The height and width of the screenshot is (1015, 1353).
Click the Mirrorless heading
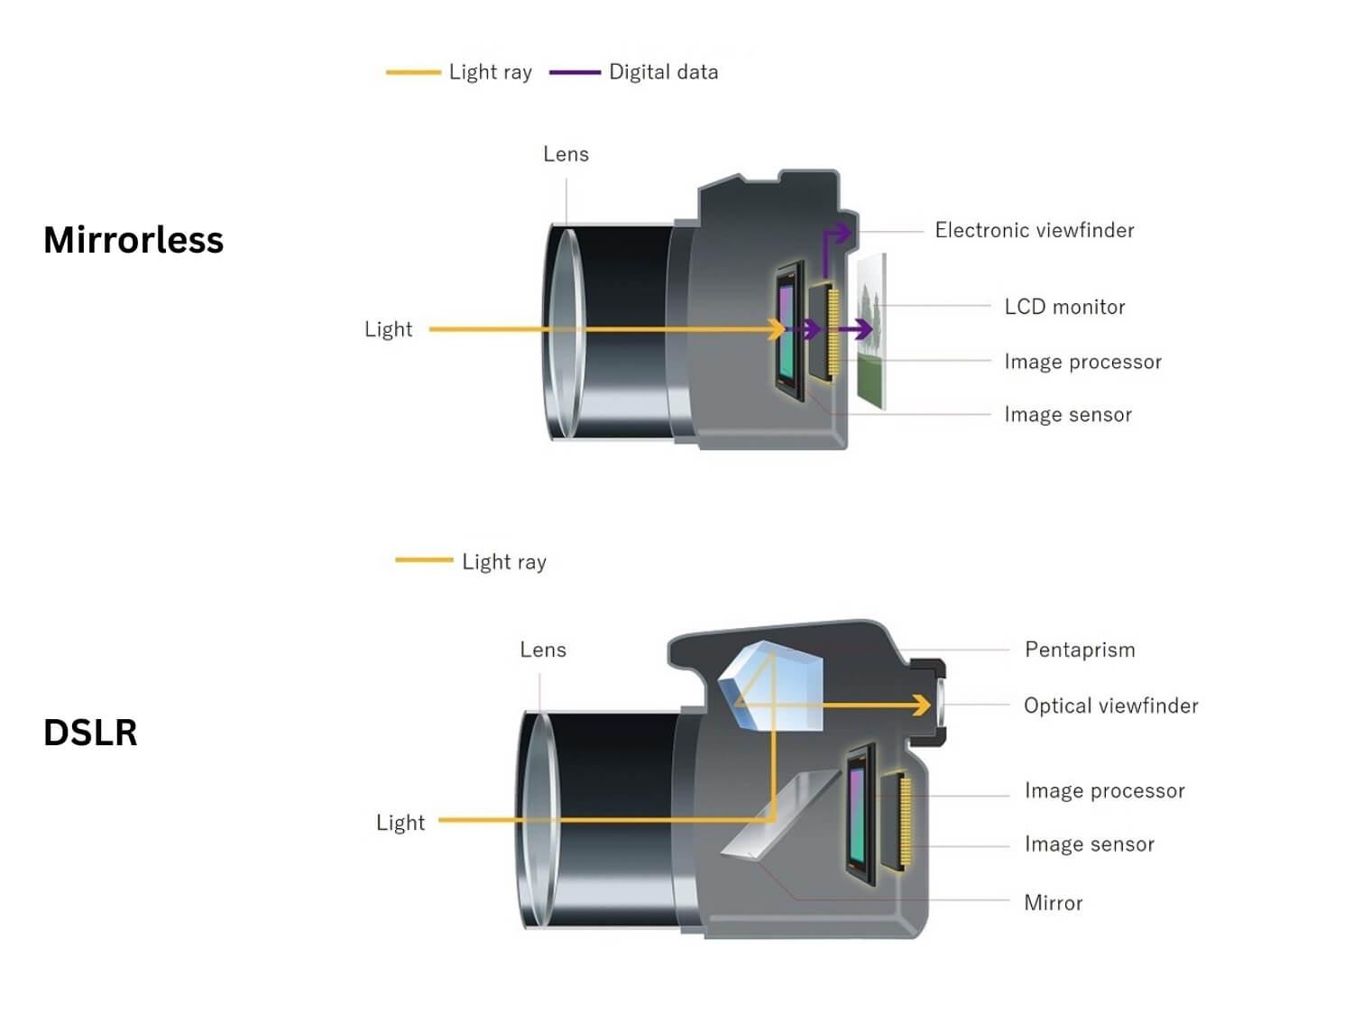click(133, 240)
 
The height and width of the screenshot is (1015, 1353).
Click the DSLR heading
click(90, 732)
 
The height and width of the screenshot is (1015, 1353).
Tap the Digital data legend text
click(663, 72)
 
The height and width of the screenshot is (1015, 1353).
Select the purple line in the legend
click(575, 72)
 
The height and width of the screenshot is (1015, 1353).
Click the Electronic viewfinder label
click(1034, 230)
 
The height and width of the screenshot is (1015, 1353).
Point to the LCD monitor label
click(1064, 306)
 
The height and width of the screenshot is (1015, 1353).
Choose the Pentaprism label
click(1080, 650)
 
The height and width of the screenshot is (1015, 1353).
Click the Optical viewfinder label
click(1110, 705)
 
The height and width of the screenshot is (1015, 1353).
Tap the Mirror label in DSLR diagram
click(1053, 903)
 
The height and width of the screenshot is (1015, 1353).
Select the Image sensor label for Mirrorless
click(1068, 414)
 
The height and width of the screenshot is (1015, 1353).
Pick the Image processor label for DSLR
click(1104, 790)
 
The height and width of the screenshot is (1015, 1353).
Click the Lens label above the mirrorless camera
click(566, 153)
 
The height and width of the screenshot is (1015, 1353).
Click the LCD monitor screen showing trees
click(871, 331)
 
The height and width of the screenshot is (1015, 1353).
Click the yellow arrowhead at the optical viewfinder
click(922, 705)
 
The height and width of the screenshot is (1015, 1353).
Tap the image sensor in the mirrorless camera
click(789, 331)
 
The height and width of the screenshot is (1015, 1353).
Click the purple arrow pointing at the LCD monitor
click(857, 329)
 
